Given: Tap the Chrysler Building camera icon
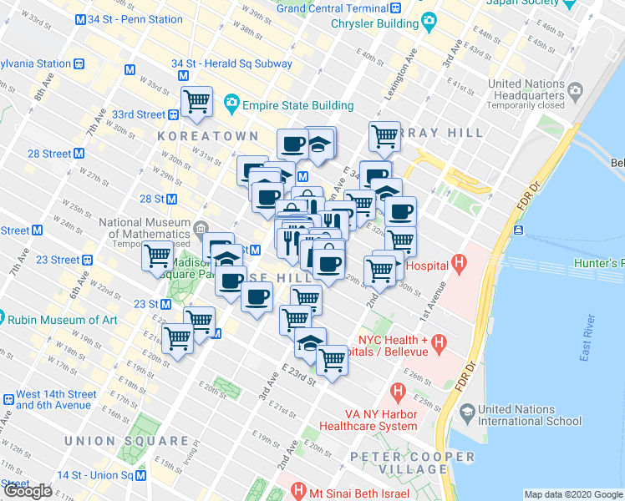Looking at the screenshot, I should click(429, 20).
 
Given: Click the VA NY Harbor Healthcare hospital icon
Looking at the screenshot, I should click(398, 390).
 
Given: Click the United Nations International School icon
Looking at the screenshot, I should click(465, 412).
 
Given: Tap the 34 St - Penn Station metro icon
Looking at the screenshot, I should click(80, 19).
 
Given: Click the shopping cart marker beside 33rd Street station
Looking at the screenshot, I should click(196, 102).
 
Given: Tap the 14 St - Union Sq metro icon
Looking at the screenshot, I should click(141, 475).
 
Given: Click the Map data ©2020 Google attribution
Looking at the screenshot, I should click(573, 494).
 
